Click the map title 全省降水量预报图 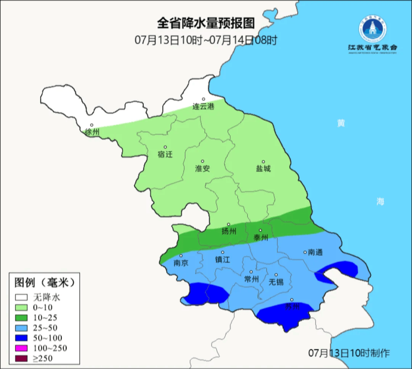pos(206,24)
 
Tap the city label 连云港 pos(203,107)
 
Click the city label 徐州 pos(92,133)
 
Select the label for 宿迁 pos(165,155)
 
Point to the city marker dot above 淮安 pos(203,161)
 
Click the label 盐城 pos(263,169)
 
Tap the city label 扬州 pos(229,232)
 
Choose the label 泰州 pos(261,238)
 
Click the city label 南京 pos(181,263)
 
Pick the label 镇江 pos(223,260)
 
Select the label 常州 pos(251,279)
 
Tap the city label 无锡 pos(276,282)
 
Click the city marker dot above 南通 pos(305,252)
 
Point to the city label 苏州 pos(292,307)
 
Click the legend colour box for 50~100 pos(21,338)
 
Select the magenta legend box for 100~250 pos(21,348)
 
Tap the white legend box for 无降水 pos(21,297)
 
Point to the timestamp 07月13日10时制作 pos(349,353)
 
